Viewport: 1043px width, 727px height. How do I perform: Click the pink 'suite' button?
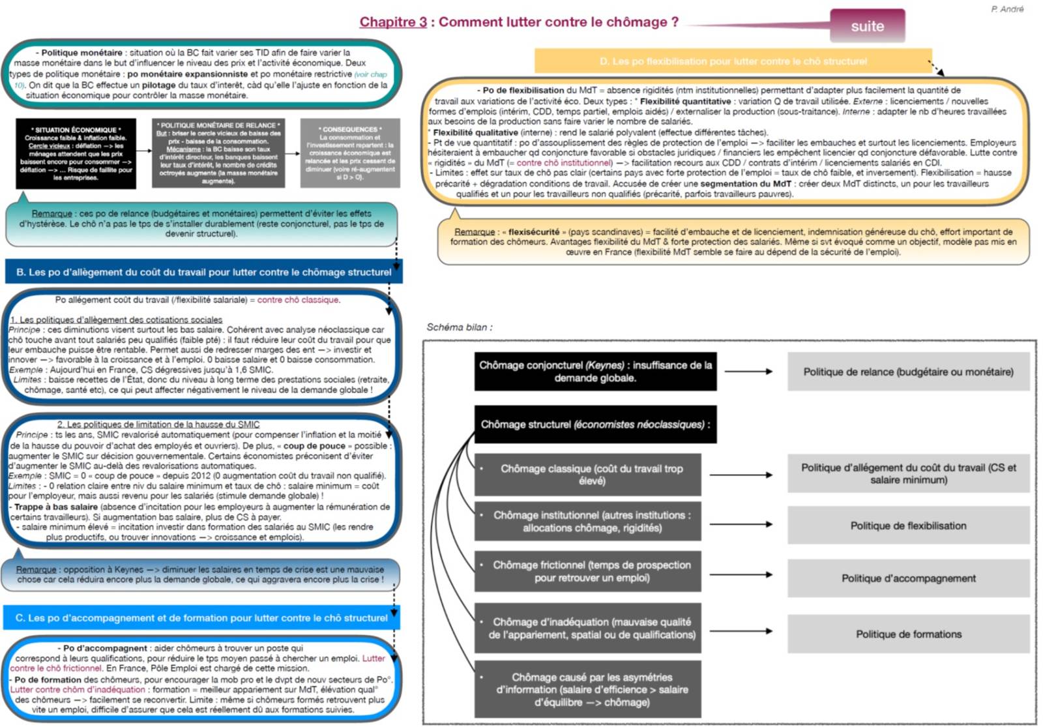[x=867, y=26]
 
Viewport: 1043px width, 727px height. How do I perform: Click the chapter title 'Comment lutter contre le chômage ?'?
[x=558, y=22]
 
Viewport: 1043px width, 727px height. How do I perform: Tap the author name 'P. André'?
[x=1007, y=9]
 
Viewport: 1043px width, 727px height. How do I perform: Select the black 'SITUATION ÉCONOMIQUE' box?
[x=76, y=154]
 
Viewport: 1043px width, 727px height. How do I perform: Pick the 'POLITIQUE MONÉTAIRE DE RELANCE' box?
[x=218, y=153]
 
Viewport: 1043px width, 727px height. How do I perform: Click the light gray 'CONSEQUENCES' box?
[x=350, y=153]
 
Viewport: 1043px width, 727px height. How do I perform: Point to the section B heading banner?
[x=203, y=272]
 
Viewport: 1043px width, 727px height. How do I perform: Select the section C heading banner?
[x=201, y=617]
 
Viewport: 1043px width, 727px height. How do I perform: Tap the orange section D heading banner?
[x=733, y=61]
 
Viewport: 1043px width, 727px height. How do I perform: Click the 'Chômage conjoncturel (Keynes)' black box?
[x=595, y=372]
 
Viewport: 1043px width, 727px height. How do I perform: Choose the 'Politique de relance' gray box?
[x=908, y=372]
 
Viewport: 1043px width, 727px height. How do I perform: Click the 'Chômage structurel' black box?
[x=595, y=424]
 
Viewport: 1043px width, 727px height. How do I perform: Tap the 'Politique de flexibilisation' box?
[x=908, y=526]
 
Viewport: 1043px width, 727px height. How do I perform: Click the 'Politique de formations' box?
[x=908, y=634]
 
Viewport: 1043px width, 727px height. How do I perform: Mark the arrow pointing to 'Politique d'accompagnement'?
[x=741, y=575]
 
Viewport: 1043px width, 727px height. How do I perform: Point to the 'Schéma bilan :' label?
[x=460, y=327]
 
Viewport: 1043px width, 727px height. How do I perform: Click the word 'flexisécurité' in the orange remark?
[x=533, y=231]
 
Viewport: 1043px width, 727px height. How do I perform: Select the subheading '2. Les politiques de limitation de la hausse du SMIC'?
[x=158, y=424]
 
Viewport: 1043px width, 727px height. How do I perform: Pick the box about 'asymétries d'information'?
[x=591, y=689]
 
